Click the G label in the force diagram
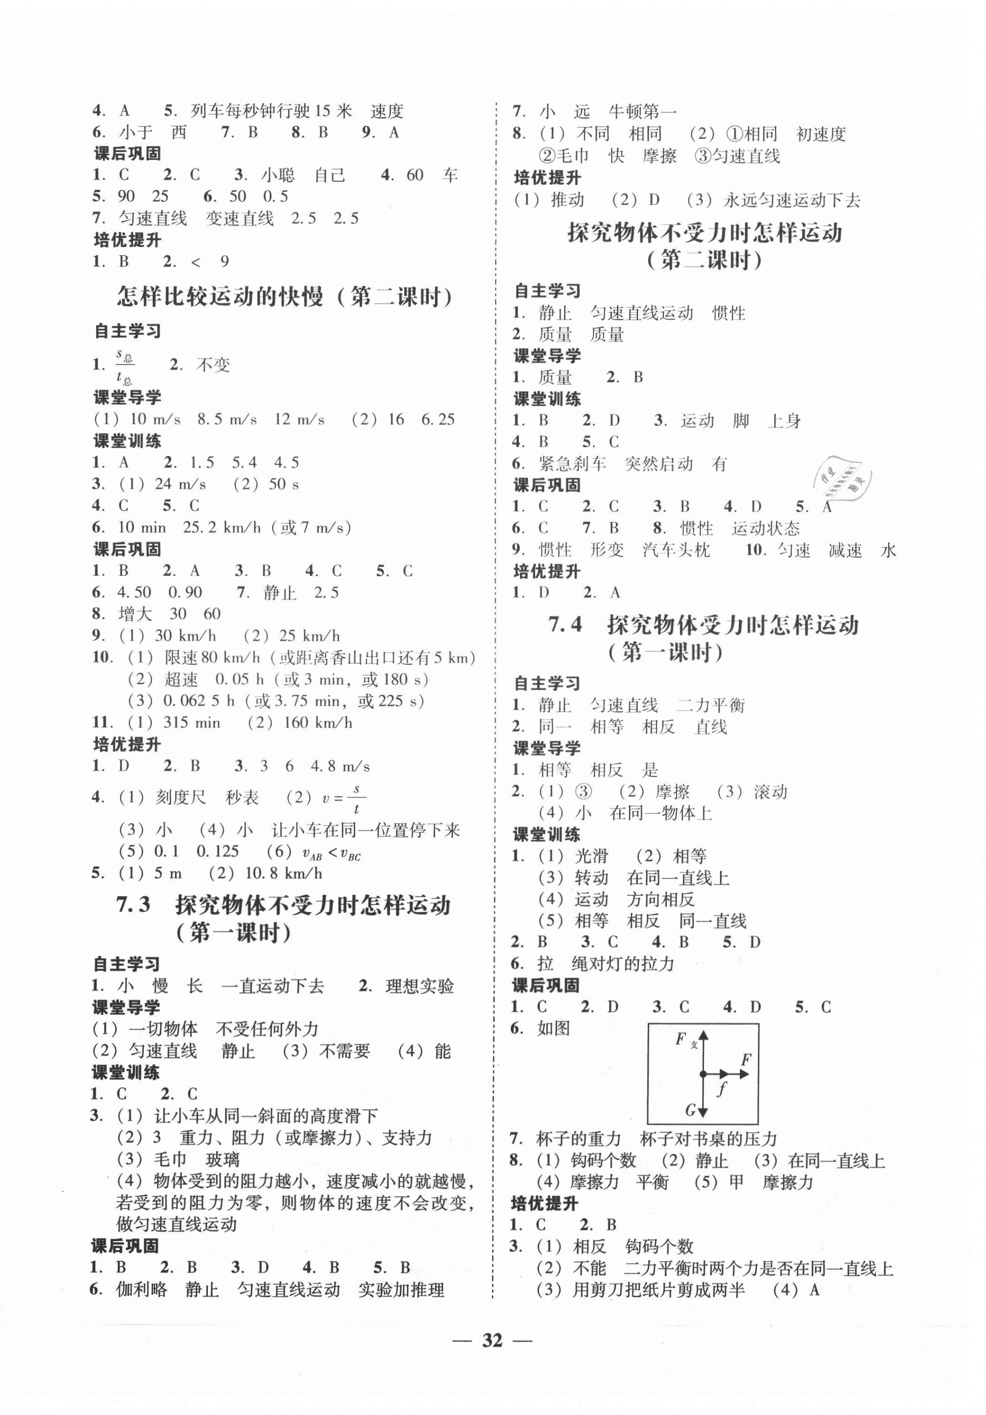click(x=690, y=1109)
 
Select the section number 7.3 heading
click(x=133, y=904)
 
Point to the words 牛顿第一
click(x=642, y=112)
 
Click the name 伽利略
click(x=142, y=1289)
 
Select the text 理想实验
click(x=419, y=986)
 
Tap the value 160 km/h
click(x=318, y=722)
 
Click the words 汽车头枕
click(x=676, y=550)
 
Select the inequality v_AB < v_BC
click(x=332, y=853)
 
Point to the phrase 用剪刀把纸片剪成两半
click(x=659, y=1289)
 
